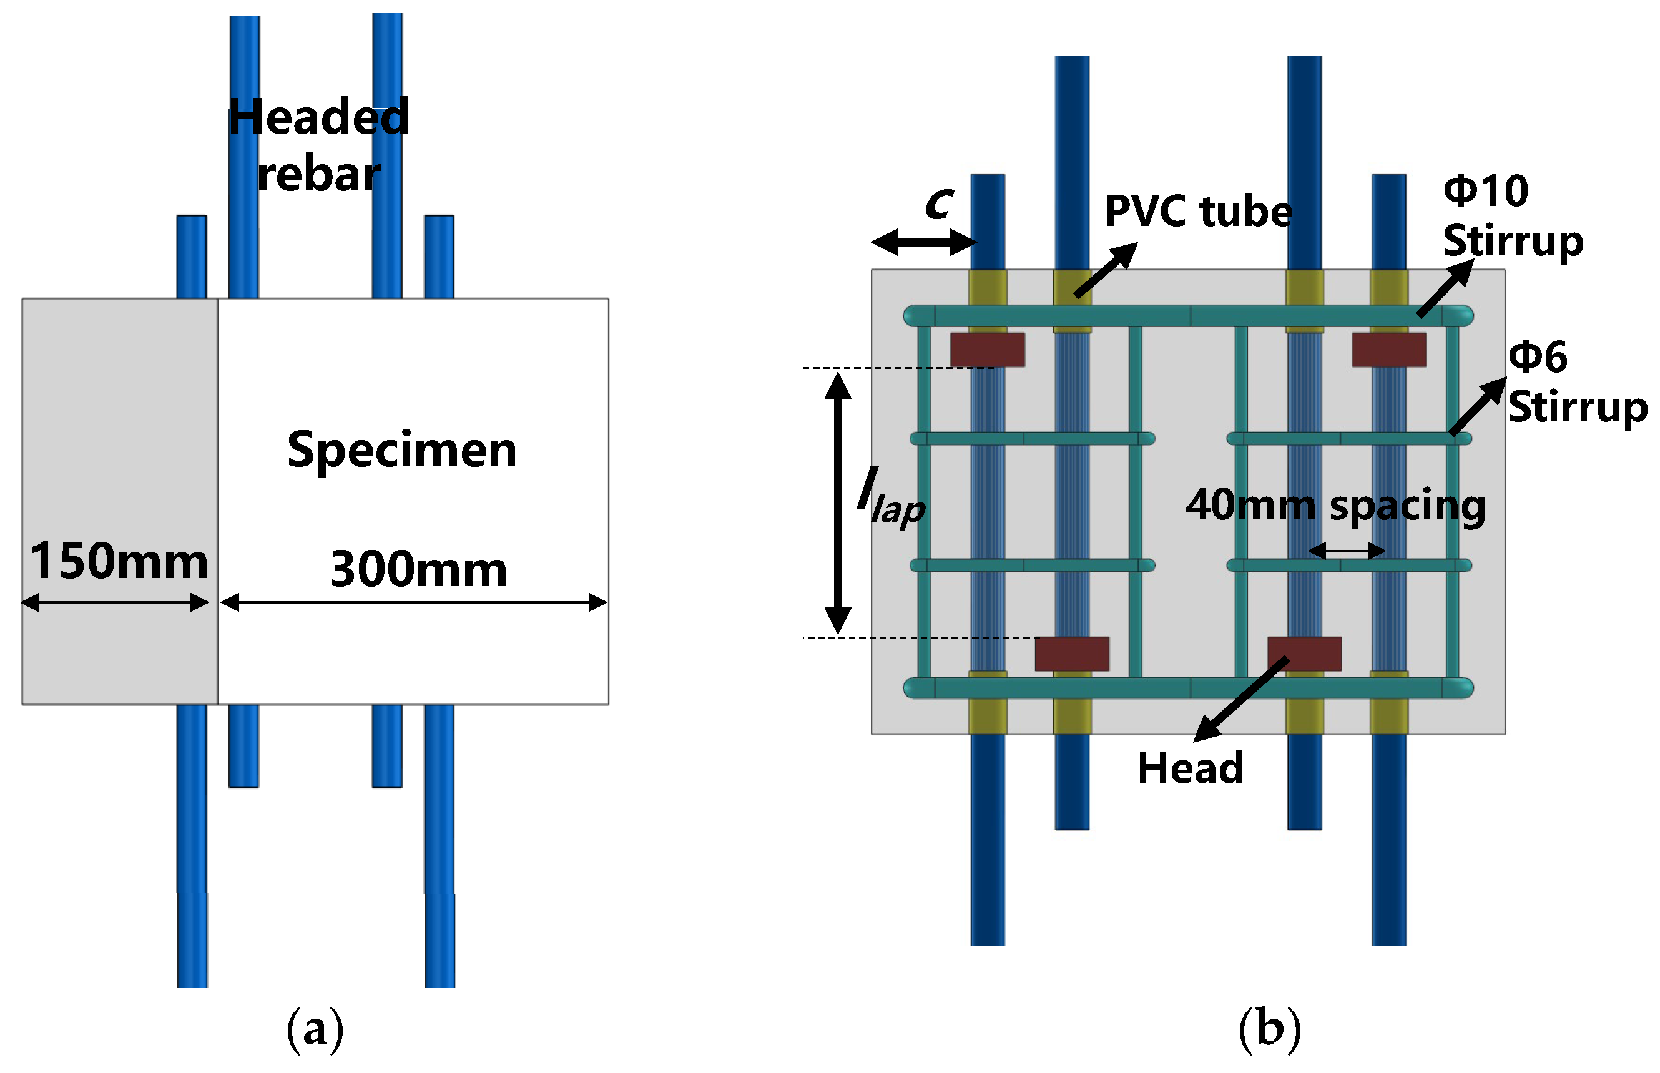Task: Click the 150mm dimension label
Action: coord(119,562)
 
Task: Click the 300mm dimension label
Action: coord(418,570)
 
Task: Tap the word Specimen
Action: coord(401,450)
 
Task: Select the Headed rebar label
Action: coord(318,145)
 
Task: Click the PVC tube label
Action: coord(1197,212)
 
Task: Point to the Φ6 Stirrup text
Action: coord(1576,382)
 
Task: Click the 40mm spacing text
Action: coord(1335,505)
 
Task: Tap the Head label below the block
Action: coord(1190,768)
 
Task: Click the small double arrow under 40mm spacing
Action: coord(1346,551)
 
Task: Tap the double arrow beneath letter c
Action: coord(923,242)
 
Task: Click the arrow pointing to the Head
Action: coord(1240,700)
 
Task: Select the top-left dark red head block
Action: coord(987,350)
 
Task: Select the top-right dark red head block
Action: coord(1388,350)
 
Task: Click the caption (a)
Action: coord(315,1029)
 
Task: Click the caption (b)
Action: coord(1269,1029)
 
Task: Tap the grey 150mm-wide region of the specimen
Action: coord(119,432)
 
